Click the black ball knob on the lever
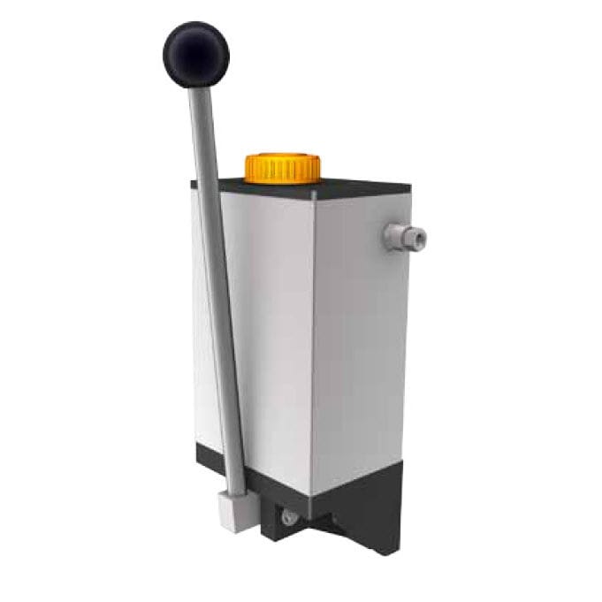pos(195,54)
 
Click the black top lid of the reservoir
pos(354,187)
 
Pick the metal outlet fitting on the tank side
pos(404,235)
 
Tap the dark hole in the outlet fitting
pos(419,237)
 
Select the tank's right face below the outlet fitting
pos(362,354)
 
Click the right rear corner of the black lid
pos(408,186)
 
